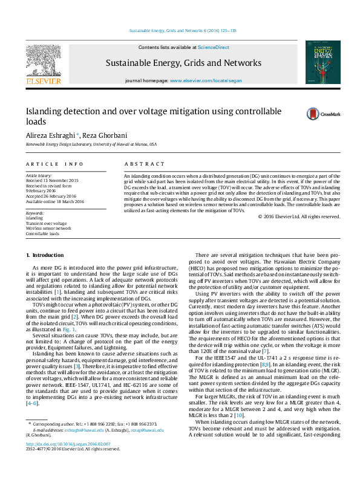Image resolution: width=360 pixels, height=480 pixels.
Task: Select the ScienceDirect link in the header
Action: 214,47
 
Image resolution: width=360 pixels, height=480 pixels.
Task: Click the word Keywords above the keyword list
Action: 36,214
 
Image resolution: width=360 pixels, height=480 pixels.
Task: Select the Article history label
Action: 38,175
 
